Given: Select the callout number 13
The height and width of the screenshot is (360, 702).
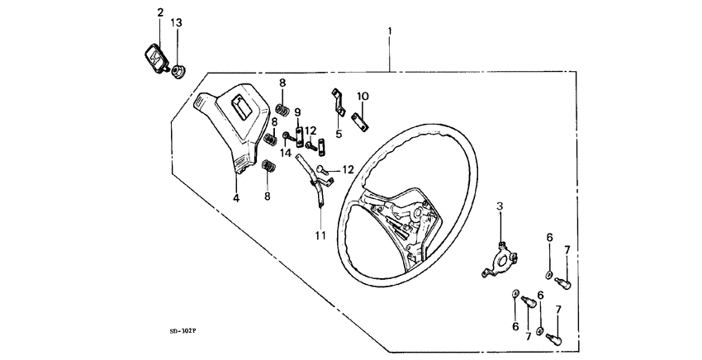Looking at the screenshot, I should (176, 22).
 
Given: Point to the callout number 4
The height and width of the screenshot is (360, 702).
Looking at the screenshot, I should (235, 198).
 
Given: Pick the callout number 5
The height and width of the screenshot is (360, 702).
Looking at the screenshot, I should (339, 133).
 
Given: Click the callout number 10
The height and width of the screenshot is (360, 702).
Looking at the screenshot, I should (363, 96).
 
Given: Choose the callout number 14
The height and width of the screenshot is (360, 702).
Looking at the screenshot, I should (285, 153).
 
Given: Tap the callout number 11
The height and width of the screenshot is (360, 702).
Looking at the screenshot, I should (320, 235).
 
